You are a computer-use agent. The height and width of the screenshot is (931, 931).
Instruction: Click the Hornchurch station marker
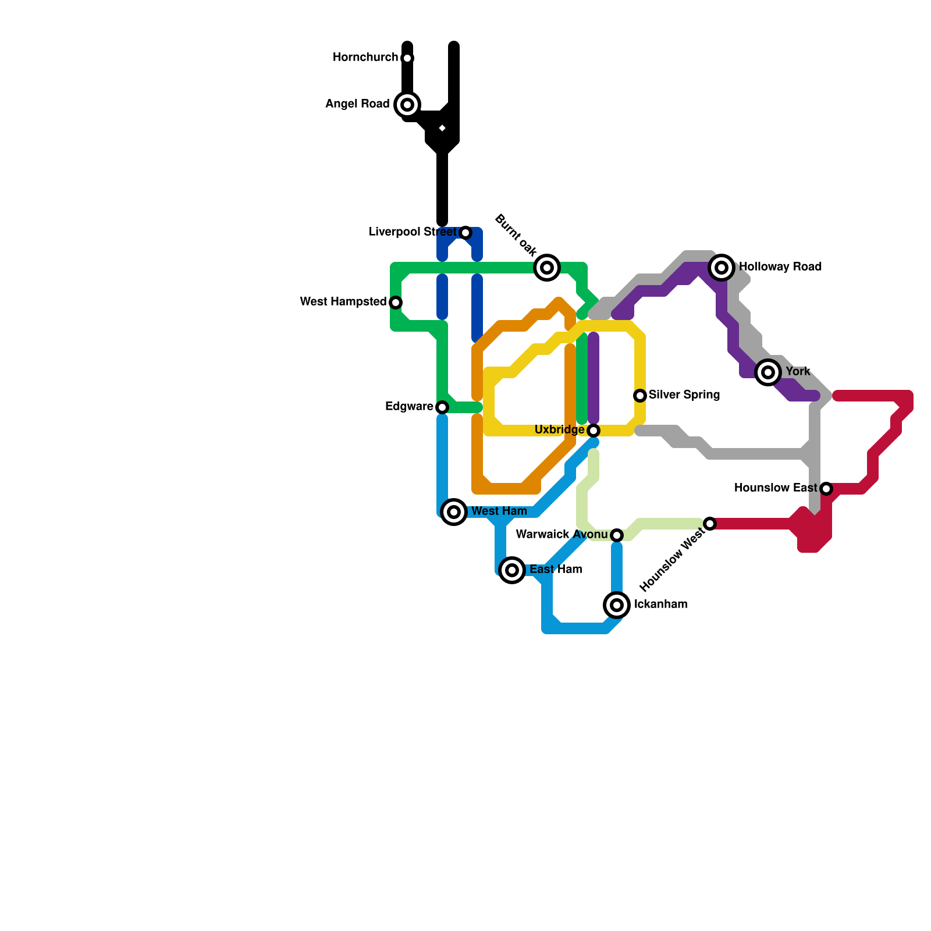pyautogui.click(x=407, y=58)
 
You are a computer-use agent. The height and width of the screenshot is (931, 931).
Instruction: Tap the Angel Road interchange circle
pyautogui.click(x=407, y=105)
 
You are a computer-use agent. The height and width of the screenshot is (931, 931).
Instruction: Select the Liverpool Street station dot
pyautogui.click(x=465, y=233)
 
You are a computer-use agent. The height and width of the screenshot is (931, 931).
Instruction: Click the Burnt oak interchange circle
pyautogui.click(x=547, y=268)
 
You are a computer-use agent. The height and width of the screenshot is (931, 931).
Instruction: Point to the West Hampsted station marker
pyautogui.click(x=396, y=303)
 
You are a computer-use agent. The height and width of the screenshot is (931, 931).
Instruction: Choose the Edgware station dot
pyautogui.click(x=442, y=407)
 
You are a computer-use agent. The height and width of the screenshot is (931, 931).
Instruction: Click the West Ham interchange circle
pyautogui.click(x=454, y=512)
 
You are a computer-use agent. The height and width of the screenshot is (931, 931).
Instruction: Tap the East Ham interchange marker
pyautogui.click(x=512, y=570)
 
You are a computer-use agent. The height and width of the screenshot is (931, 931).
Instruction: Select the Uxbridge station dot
pyautogui.click(x=593, y=431)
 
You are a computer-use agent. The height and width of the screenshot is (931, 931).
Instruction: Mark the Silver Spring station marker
pyautogui.click(x=640, y=396)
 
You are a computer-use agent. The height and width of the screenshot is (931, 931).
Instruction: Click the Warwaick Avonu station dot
pyautogui.click(x=617, y=535)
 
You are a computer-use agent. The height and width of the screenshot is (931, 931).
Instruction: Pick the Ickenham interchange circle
pyautogui.click(x=617, y=605)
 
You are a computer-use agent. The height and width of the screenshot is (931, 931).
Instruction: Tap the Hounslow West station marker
pyautogui.click(x=710, y=524)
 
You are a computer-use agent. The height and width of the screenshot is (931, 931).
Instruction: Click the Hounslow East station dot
pyautogui.click(x=826, y=489)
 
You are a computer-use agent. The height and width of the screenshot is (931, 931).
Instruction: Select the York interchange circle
pyautogui.click(x=768, y=372)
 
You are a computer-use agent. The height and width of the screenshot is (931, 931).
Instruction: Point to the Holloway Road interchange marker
pyautogui.click(x=722, y=268)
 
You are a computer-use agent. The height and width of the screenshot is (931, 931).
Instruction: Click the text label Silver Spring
pyautogui.click(x=684, y=395)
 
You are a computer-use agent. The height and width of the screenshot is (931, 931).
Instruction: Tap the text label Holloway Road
pyautogui.click(x=780, y=267)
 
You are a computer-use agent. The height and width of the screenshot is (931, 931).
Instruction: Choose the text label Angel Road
pyautogui.click(x=357, y=104)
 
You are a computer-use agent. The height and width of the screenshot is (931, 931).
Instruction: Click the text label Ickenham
pyautogui.click(x=660, y=605)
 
